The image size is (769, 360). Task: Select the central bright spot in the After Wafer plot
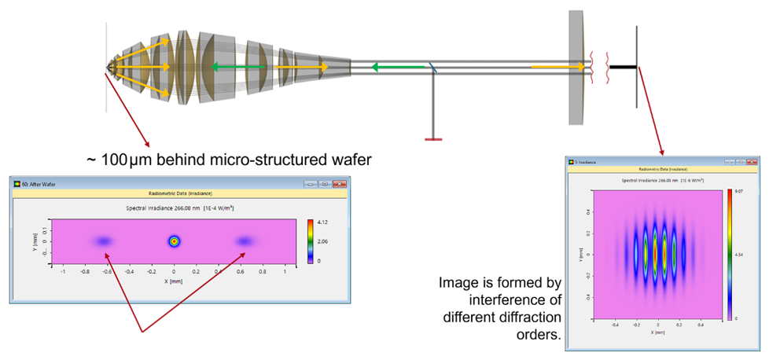[175, 241]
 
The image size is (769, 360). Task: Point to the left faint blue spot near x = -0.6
[104, 241]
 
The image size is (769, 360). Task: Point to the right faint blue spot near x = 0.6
[245, 241]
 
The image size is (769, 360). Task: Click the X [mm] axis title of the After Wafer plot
[175, 280]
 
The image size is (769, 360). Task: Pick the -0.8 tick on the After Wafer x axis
[84, 271]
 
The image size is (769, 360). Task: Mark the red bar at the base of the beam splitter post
[432, 139]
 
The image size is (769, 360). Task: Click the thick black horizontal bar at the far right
[623, 67]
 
